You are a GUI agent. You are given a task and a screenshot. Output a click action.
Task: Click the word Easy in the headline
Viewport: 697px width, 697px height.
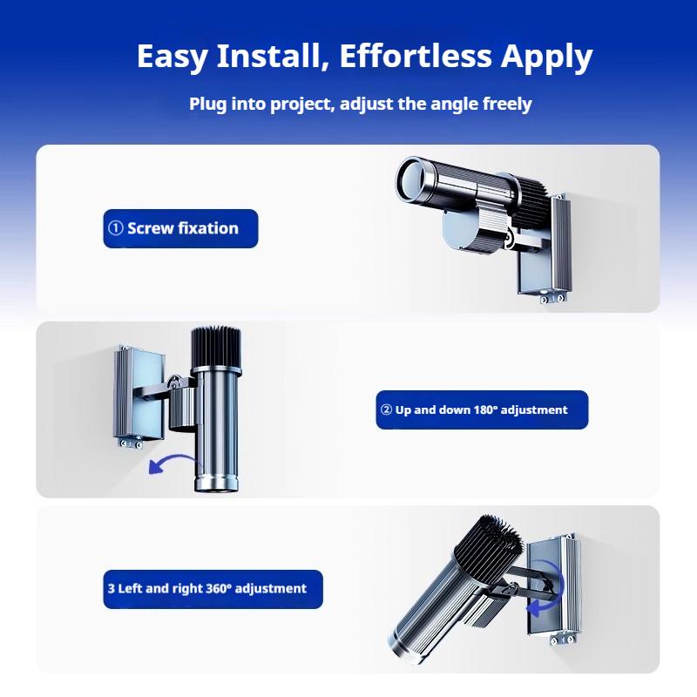tap(172, 57)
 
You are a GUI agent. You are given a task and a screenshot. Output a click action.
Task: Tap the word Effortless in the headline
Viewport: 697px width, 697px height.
tap(416, 56)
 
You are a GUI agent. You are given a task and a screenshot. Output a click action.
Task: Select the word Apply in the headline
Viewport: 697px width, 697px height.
tap(547, 58)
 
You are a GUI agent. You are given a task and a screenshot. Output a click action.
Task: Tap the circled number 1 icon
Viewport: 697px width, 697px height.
tap(116, 228)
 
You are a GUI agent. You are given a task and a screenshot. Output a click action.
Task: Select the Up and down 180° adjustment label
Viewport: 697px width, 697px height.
tap(482, 409)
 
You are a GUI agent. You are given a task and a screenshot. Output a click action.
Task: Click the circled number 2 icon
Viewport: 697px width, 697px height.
tap(386, 409)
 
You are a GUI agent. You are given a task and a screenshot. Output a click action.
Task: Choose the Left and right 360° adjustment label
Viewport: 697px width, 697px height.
tap(213, 589)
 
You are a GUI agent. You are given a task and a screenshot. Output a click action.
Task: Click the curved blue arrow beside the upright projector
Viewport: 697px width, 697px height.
tap(172, 463)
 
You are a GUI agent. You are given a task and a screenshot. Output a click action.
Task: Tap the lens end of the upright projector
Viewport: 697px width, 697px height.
tap(217, 484)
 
